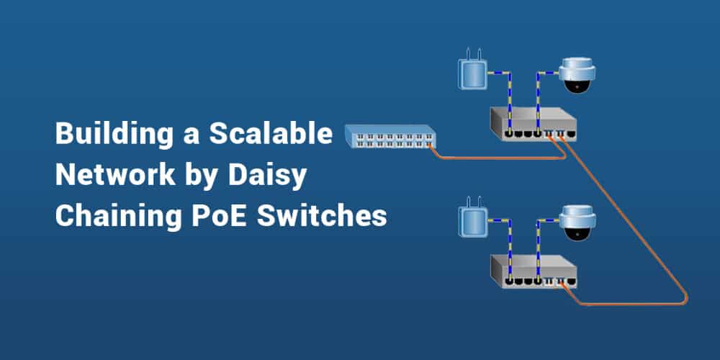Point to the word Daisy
coord(281,175)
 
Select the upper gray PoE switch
coord(533,123)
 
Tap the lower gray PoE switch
coord(533,270)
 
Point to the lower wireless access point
coord(472,223)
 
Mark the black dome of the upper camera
coord(578,86)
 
